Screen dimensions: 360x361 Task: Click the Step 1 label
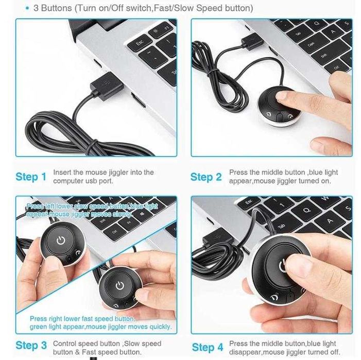coord(31,177)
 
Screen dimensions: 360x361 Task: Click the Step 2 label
coord(206,177)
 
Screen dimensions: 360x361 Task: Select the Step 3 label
coord(31,345)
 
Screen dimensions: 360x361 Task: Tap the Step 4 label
coord(207,347)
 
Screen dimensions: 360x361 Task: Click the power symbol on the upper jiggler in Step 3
coord(61,240)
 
